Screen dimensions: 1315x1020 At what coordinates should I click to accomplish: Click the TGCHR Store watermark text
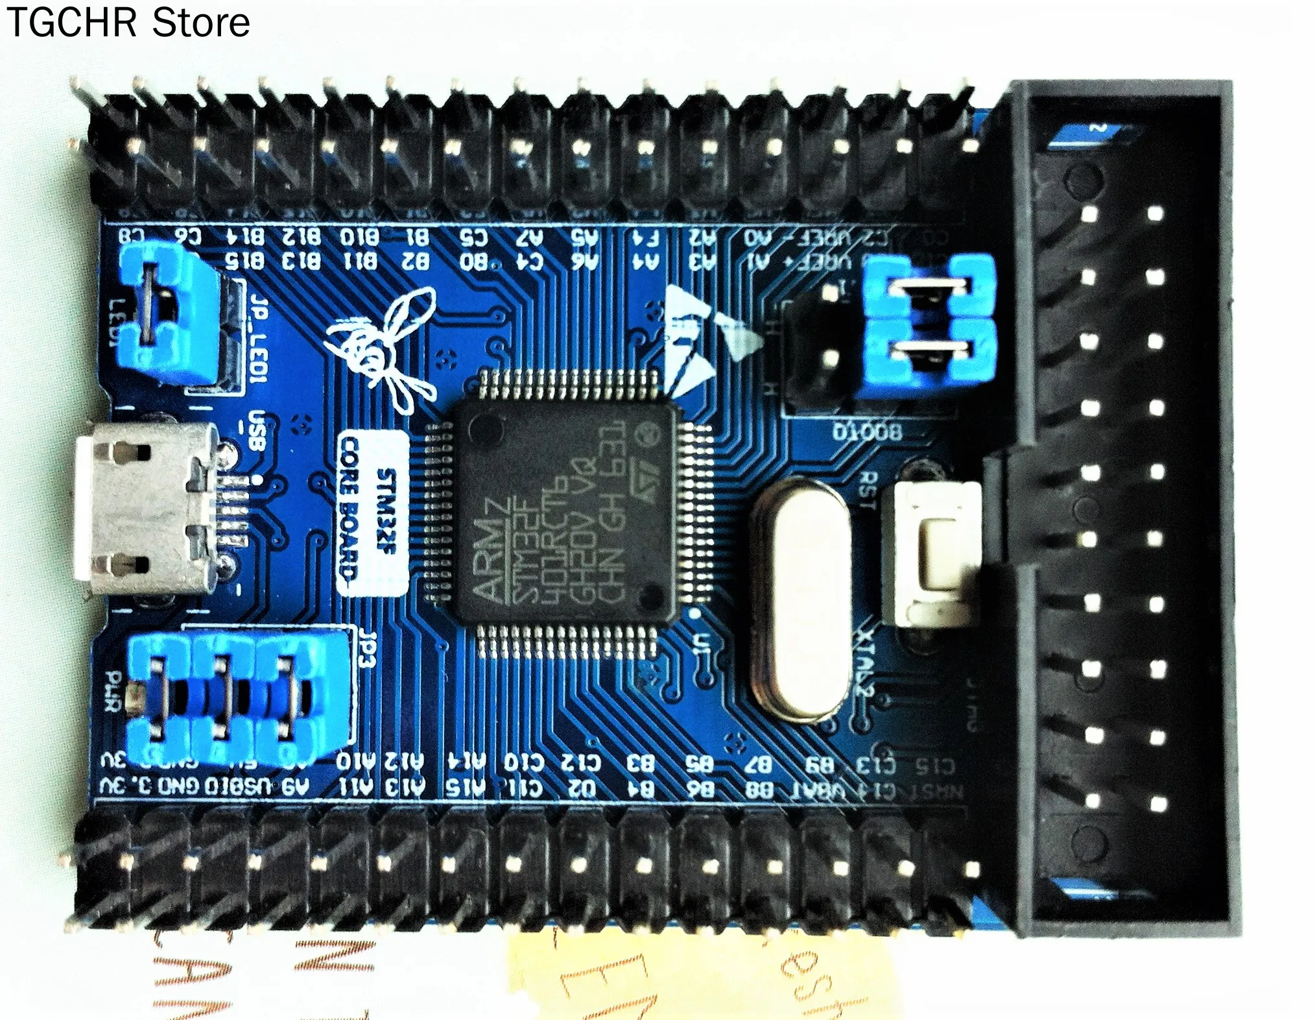point(128,23)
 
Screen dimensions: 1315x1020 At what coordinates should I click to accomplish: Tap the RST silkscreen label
point(868,490)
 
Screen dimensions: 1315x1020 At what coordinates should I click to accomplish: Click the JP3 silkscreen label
point(368,649)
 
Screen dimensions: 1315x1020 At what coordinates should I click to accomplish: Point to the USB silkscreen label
point(258,431)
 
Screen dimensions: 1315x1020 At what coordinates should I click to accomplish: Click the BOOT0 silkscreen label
point(868,431)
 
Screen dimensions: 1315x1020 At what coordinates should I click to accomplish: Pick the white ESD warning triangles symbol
point(704,337)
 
